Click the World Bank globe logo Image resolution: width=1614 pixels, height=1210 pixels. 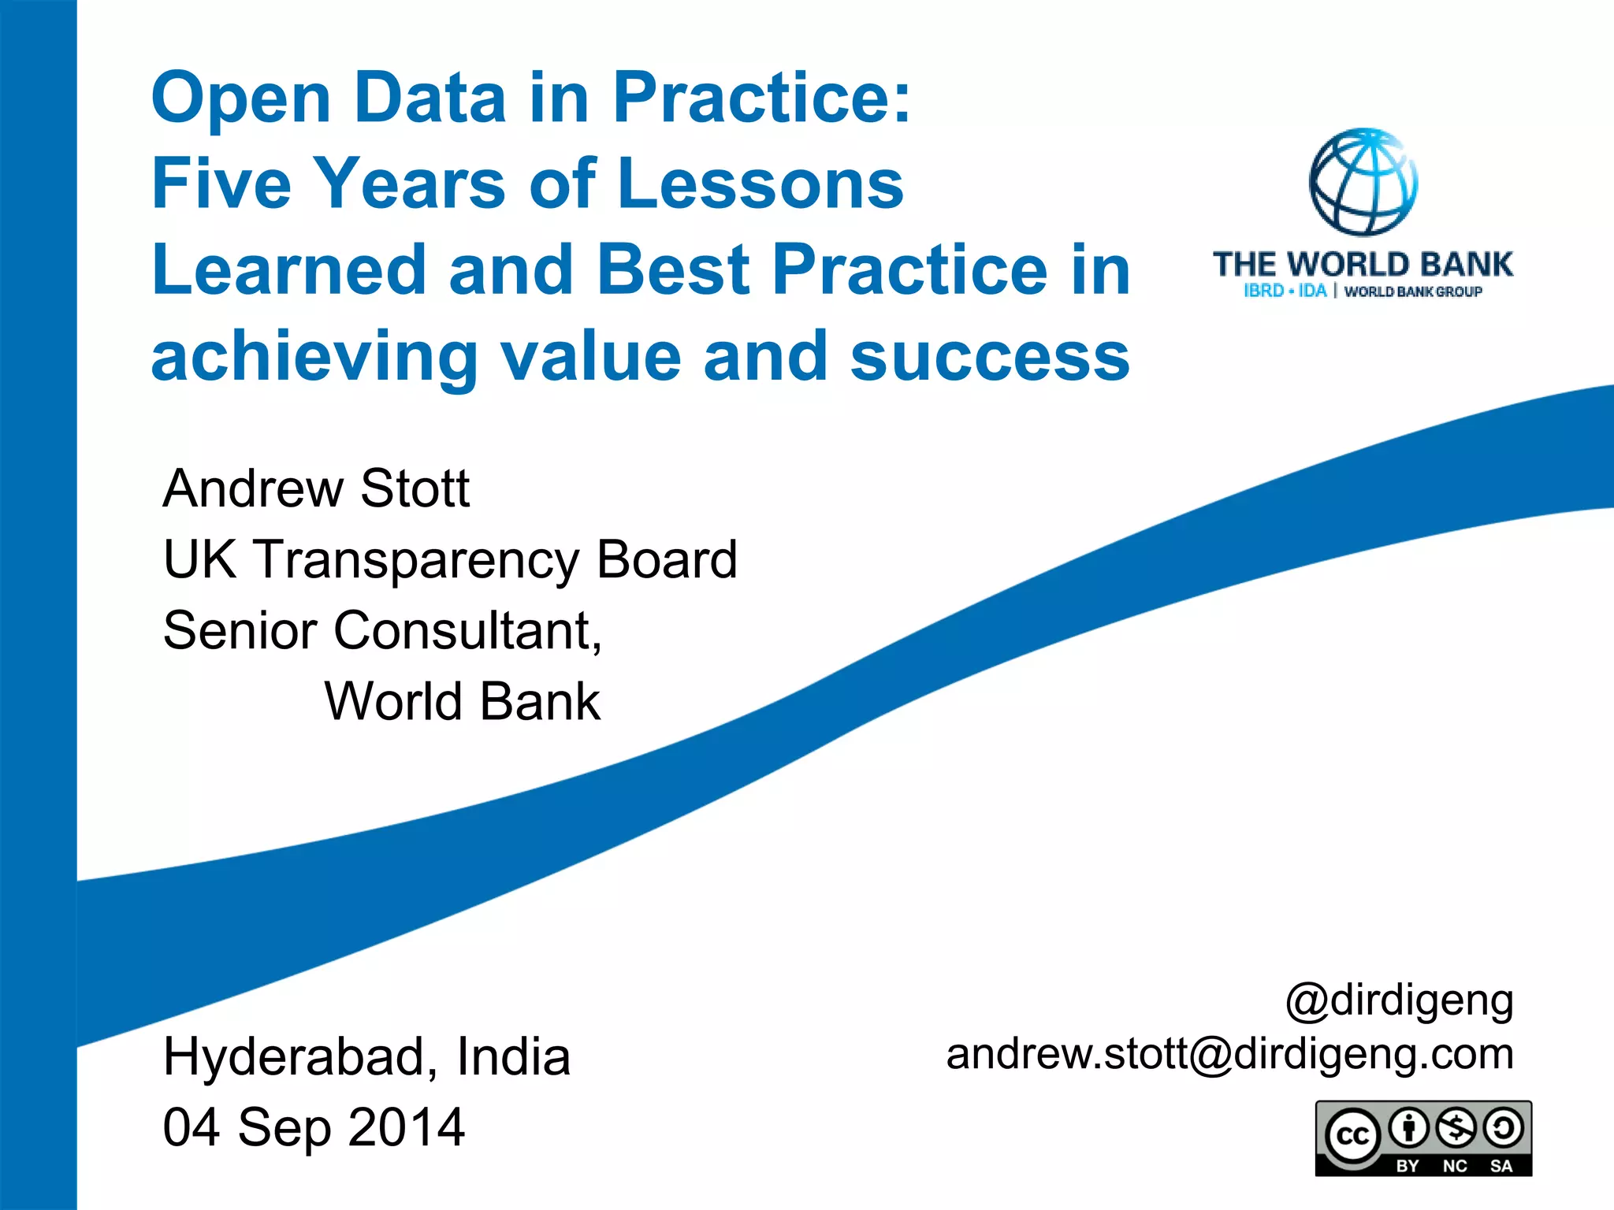pos(1363,182)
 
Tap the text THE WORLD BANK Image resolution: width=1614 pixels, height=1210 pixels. pos(1363,265)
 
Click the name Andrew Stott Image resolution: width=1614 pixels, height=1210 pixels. pos(316,488)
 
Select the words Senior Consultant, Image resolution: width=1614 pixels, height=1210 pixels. pos(382,630)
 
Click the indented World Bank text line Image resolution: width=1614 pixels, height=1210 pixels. pos(463,701)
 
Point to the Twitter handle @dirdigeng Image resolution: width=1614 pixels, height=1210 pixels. pos(1399,1000)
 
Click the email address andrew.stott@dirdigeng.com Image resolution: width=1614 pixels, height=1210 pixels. pos(1229,1054)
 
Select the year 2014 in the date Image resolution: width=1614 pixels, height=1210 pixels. pos(406,1127)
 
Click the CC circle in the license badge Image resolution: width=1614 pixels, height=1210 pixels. pos(1352,1136)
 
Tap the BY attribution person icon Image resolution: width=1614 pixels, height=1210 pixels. pos(1408,1128)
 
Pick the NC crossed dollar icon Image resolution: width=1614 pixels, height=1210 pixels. pos(1456,1128)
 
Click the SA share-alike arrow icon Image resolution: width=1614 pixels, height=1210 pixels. pos(1503,1128)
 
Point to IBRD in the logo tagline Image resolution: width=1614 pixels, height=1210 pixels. pos(1263,291)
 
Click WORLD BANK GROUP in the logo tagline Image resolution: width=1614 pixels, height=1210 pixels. pos(1413,291)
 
